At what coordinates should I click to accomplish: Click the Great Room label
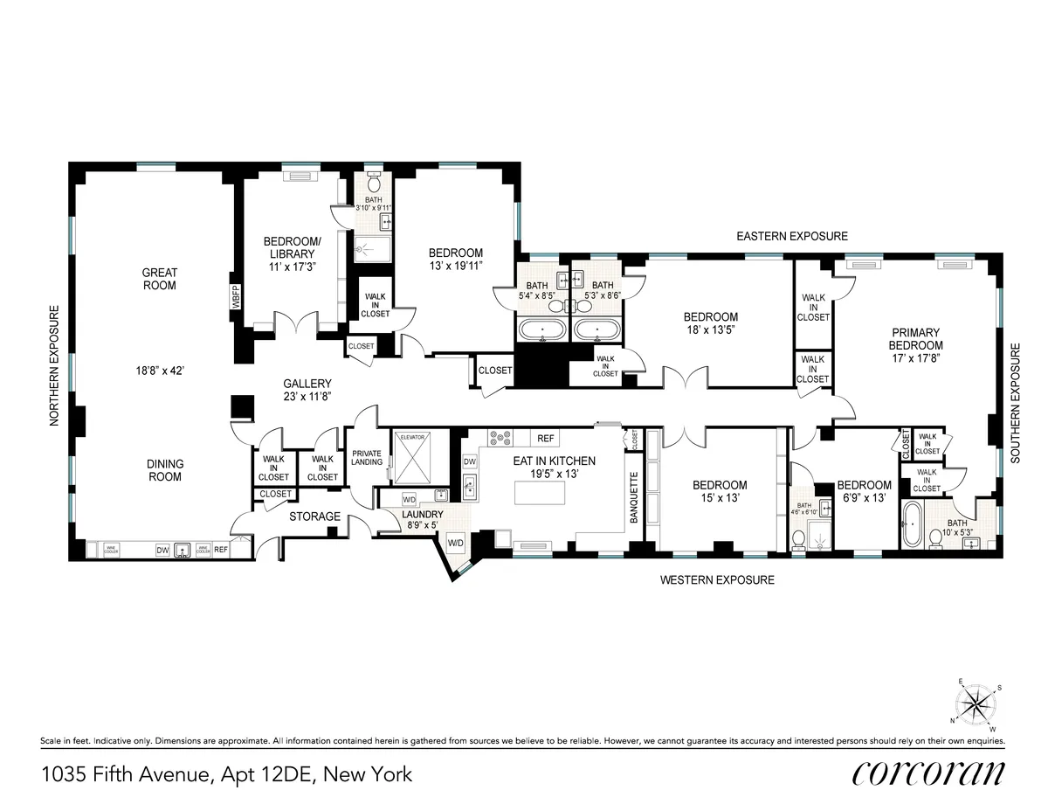click(159, 279)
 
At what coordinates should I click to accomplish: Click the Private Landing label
click(367, 457)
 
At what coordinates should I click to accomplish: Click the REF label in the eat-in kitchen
click(546, 439)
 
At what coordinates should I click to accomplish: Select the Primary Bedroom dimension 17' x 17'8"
click(915, 357)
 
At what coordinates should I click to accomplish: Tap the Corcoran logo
click(927, 773)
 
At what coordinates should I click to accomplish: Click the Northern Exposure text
click(54, 365)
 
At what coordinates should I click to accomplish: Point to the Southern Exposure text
click(1015, 403)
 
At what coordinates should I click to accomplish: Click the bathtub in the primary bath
click(913, 522)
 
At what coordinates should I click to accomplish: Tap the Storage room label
click(314, 516)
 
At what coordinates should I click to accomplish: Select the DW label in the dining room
click(162, 550)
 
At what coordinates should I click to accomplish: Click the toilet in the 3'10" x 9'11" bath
click(374, 183)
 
